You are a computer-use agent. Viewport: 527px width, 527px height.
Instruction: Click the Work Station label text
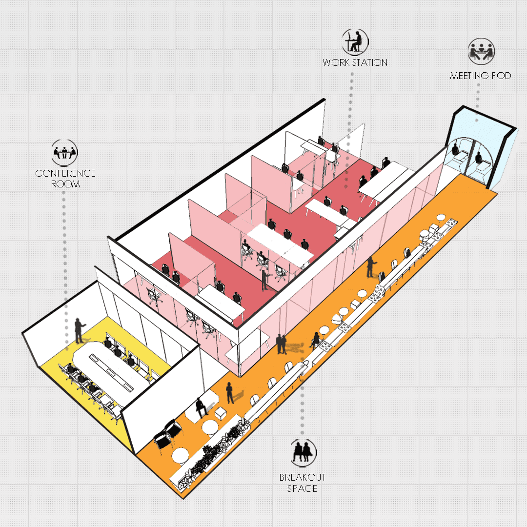(355, 62)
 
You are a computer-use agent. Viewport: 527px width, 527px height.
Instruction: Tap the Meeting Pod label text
(480, 76)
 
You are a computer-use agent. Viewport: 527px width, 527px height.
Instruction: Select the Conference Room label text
(65, 179)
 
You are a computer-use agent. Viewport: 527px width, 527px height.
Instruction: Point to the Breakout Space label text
(302, 483)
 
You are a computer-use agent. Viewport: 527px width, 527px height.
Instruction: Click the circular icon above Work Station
(355, 42)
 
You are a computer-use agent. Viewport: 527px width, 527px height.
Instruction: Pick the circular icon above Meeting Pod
(481, 51)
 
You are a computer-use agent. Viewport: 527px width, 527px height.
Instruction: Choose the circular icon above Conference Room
(65, 153)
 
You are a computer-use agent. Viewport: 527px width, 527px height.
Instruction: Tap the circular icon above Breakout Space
(303, 451)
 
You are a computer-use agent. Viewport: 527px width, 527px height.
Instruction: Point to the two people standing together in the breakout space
(282, 344)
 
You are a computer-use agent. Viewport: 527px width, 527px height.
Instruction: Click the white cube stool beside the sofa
(221, 413)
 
